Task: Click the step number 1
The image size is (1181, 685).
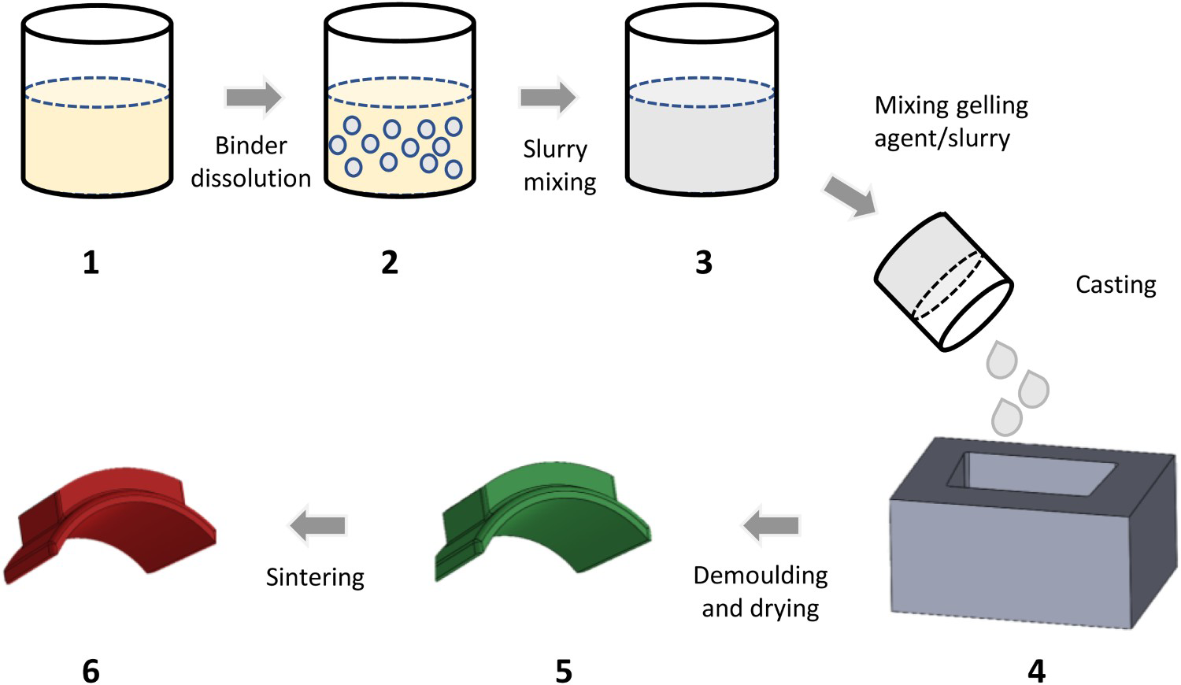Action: (91, 262)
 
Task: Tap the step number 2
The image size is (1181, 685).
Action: (390, 262)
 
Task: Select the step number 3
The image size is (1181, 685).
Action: (704, 262)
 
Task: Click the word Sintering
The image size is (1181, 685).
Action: (315, 578)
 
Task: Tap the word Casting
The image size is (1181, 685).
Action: (1116, 285)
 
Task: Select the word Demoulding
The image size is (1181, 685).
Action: (761, 576)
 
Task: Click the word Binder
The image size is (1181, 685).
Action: (251, 146)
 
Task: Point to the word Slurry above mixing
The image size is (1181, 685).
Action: (554, 150)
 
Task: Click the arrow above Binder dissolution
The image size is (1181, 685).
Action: (254, 97)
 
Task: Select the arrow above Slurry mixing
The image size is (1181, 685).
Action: (548, 97)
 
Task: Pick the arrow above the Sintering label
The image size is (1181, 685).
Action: (318, 525)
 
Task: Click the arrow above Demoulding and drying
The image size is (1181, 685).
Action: (771, 525)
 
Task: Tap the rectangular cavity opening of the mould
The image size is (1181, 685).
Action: (1031, 475)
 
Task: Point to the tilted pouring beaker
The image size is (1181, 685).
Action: (944, 282)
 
